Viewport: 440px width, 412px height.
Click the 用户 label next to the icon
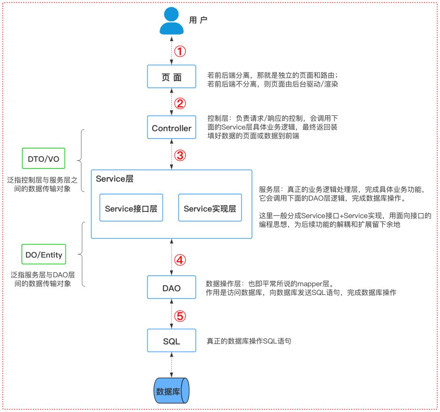pos(198,19)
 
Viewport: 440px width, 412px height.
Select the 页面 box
pos(172,76)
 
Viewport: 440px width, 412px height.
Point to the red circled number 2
pos(180,103)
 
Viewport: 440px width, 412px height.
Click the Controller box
pos(172,128)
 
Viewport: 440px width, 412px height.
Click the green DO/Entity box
pos(44,255)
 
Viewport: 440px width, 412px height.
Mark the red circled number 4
pos(180,259)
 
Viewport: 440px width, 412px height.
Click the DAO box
pos(172,288)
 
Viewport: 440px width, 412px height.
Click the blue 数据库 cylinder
pos(172,390)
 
